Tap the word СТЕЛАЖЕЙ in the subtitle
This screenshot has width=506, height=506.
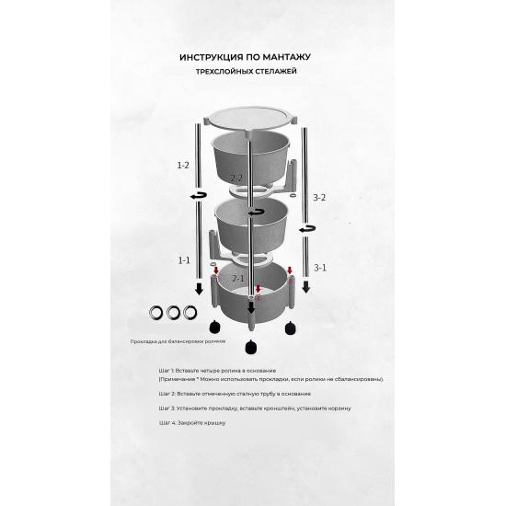276,72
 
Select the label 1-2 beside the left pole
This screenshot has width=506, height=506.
183,166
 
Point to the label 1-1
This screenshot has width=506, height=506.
184,260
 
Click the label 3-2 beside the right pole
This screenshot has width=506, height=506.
319,198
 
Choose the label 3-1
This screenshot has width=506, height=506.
320,268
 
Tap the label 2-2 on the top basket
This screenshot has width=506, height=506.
236,178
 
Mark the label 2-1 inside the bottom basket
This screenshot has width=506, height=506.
238,278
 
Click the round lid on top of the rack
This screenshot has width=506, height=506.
251,118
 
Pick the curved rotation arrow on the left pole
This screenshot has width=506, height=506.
199,196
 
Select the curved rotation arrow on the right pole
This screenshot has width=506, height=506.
307,229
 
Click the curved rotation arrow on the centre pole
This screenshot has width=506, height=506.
256,213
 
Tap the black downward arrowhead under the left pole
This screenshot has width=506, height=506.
199,289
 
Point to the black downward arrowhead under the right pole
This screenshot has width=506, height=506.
306,287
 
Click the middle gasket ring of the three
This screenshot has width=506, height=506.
173,313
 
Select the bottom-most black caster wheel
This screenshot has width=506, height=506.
250,347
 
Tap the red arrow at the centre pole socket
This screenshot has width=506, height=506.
258,289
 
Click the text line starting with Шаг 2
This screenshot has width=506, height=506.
235,394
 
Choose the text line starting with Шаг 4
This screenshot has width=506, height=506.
192,423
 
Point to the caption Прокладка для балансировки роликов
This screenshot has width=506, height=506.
178,341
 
